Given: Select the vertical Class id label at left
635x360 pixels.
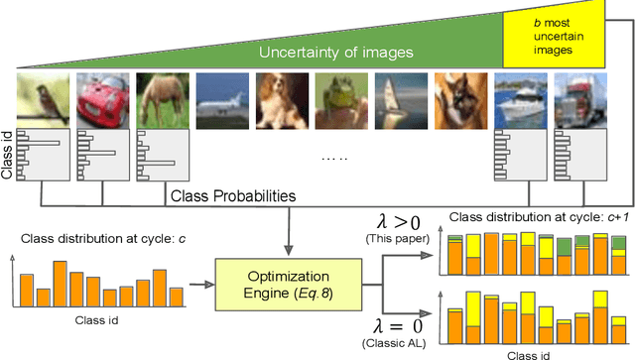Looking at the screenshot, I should click(9, 154).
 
